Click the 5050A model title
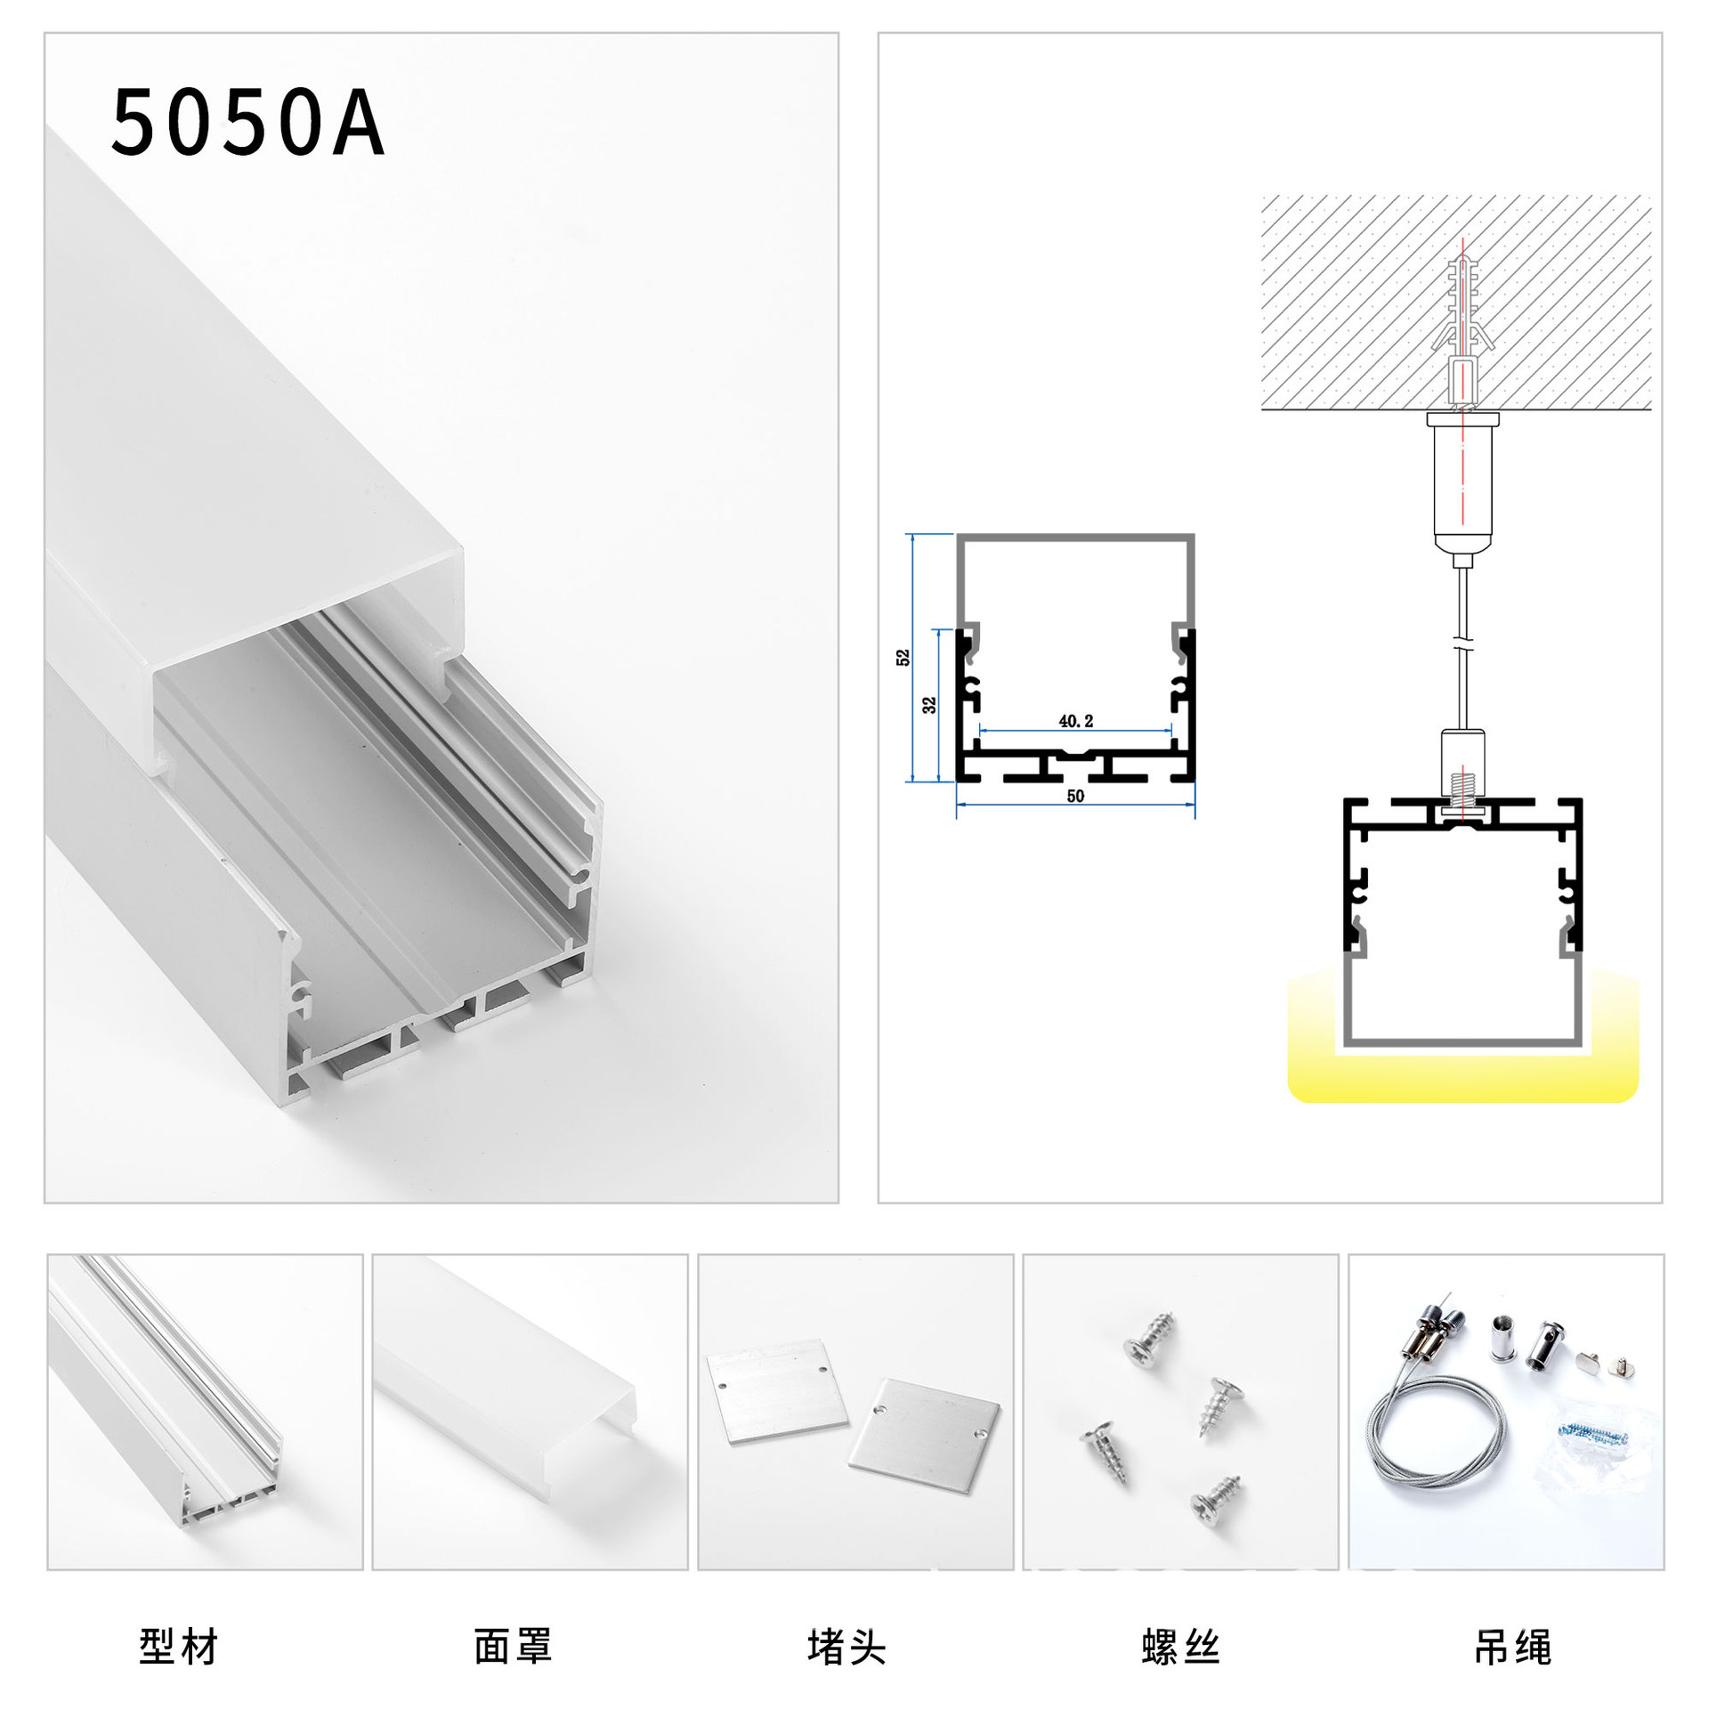(247, 123)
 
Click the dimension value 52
(903, 658)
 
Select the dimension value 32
(928, 705)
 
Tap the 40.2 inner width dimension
(1075, 721)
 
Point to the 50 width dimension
(1075, 796)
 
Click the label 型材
(179, 1647)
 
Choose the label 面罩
(513, 1647)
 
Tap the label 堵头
(846, 1647)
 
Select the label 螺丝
(1180, 1647)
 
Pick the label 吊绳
(1513, 1647)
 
